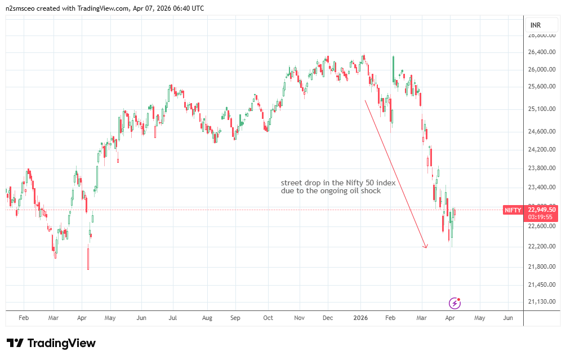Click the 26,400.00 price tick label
coord(541,52)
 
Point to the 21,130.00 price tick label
coord(541,302)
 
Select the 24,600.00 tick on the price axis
coord(541,132)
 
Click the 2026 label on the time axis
coord(360,318)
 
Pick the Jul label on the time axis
coord(172,318)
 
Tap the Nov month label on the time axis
coord(299,318)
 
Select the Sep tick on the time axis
coord(235,318)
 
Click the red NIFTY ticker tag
coord(512,210)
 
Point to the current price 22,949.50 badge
coord(542,210)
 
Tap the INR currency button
coord(536,26)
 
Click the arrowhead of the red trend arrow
coord(426,246)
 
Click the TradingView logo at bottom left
coord(51,343)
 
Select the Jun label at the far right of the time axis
coord(507,318)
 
